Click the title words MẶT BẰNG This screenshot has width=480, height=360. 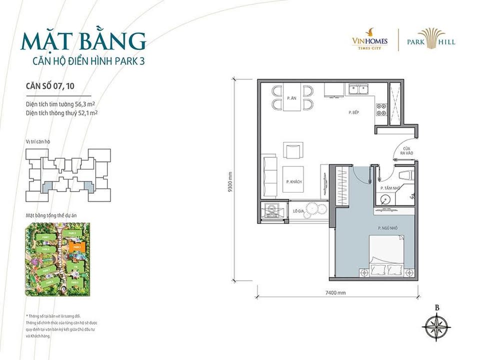tap(83, 41)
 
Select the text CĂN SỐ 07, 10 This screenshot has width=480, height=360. tap(51, 85)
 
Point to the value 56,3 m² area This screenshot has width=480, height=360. tap(85, 104)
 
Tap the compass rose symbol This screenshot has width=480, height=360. tap(437, 327)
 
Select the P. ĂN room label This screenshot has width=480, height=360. tap(291, 98)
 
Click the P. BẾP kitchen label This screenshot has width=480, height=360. tap(355, 113)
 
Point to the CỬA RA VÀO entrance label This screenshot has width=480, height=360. tap(406, 151)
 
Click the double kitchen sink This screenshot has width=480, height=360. tap(359, 90)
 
